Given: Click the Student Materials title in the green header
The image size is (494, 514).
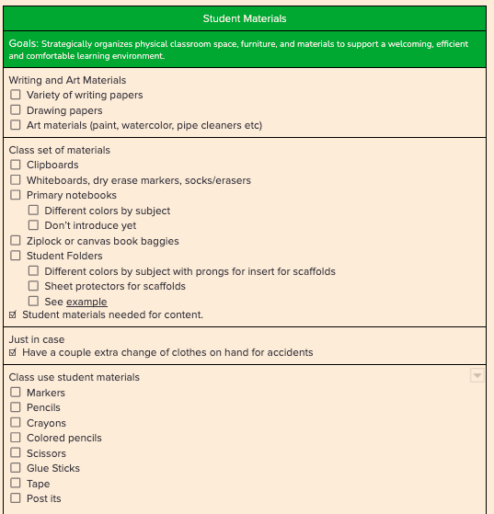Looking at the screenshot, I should pos(244,18).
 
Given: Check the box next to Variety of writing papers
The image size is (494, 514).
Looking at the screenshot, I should pos(16,95).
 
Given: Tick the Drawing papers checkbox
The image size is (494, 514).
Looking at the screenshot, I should pos(16,110).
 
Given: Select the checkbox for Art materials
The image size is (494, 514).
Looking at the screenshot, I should pos(16,125).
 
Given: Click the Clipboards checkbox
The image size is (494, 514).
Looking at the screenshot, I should pos(16,165).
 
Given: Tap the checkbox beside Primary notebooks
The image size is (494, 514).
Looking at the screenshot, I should pos(16,195).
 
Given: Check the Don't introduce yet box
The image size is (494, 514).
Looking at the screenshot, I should pos(34,225).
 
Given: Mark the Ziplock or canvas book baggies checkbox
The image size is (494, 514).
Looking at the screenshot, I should pos(16,241).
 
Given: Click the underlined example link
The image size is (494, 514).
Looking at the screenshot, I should pos(86,302).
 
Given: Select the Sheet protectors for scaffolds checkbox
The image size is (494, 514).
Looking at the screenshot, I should pos(34,286).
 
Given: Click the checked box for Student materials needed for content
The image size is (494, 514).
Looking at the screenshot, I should pos(13,315).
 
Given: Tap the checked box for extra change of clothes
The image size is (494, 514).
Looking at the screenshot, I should pos(13,352).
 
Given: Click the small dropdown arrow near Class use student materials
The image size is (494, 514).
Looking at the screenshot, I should pos(477,375).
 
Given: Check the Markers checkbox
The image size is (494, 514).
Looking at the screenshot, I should pos(16,393).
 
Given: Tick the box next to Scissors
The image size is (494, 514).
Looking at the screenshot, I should pos(16,453).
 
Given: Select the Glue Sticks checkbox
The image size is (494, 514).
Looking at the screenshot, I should pos(16,468).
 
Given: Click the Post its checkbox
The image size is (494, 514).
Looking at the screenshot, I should pos(16,498).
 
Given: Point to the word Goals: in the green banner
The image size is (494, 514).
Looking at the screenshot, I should pos(23,44).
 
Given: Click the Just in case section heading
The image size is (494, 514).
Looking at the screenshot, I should pos(37,339).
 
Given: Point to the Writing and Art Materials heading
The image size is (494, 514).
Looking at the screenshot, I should pos(67,80).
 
